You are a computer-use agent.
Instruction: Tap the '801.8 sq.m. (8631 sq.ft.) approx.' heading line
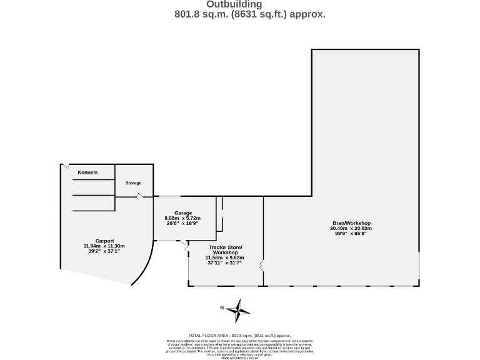pyautogui.click(x=249, y=14)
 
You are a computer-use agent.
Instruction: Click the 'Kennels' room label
pyautogui.click(x=87, y=172)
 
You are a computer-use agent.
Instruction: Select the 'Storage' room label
pyautogui.click(x=133, y=183)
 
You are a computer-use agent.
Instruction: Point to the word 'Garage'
pyautogui.click(x=183, y=213)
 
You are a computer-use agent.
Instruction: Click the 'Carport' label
pyautogui.click(x=104, y=241)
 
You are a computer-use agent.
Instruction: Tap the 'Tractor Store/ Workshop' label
pyautogui.click(x=225, y=250)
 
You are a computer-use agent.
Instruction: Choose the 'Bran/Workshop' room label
pyautogui.click(x=351, y=223)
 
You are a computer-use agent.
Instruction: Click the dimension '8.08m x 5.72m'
pyautogui.click(x=182, y=218)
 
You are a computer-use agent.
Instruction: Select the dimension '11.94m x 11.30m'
pyautogui.click(x=104, y=246)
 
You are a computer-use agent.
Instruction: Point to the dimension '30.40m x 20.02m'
pyautogui.click(x=351, y=228)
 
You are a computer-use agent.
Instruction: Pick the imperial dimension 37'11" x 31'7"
pyautogui.click(x=224, y=263)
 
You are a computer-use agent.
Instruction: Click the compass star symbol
pyautogui.click(x=238, y=310)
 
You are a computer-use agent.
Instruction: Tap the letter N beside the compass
pyautogui.click(x=222, y=308)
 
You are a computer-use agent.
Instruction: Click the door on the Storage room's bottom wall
pyautogui.click(x=140, y=196)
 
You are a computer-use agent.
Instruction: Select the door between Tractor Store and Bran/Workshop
pyautogui.click(x=262, y=266)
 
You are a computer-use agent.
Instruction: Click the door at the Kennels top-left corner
pyautogui.click(x=64, y=166)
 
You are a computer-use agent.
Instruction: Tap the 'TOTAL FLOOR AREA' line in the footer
pyautogui.click(x=239, y=336)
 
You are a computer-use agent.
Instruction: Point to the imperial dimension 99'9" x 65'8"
pyautogui.click(x=351, y=234)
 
